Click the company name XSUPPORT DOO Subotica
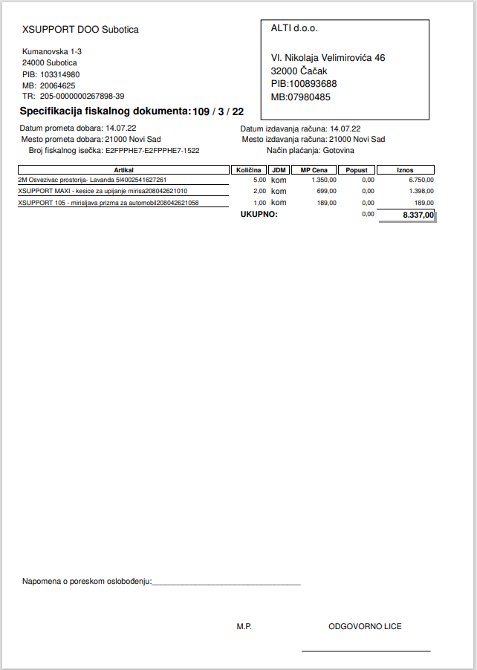point(80,30)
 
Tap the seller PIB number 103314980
point(60,75)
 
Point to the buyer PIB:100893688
point(304,84)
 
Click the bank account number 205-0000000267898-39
point(82,96)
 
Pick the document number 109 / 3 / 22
point(218,111)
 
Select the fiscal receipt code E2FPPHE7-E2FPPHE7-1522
point(152,150)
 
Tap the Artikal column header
point(123,170)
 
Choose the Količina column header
point(248,170)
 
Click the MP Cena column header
point(314,170)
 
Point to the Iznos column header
point(405,170)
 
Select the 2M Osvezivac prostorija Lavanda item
point(92,180)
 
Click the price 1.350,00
point(324,180)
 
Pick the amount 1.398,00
point(420,191)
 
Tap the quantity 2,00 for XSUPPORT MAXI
point(259,191)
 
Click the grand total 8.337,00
point(418,215)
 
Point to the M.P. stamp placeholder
point(244,627)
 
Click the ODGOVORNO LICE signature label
point(365,627)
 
